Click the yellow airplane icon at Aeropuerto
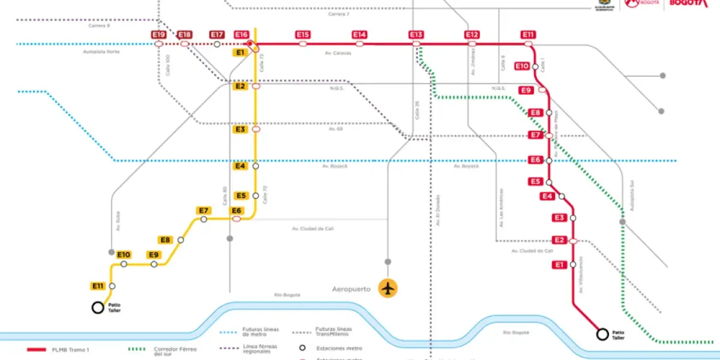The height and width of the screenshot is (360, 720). (x=389, y=288)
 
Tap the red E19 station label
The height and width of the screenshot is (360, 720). (x=158, y=35)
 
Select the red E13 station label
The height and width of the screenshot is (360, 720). (x=416, y=35)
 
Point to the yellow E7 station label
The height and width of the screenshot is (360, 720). (x=203, y=211)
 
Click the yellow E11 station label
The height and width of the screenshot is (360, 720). (x=98, y=286)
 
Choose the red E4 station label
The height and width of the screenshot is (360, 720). (x=547, y=196)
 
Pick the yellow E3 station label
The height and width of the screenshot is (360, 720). (x=240, y=129)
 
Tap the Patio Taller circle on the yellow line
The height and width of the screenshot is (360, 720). (x=97, y=308)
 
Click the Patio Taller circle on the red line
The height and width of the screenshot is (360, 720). (x=602, y=335)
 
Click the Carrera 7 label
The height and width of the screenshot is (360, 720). (x=338, y=13)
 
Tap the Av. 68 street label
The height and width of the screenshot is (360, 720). (x=335, y=129)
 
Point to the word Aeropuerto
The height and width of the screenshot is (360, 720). (x=353, y=289)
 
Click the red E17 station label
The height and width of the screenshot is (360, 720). (x=217, y=35)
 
